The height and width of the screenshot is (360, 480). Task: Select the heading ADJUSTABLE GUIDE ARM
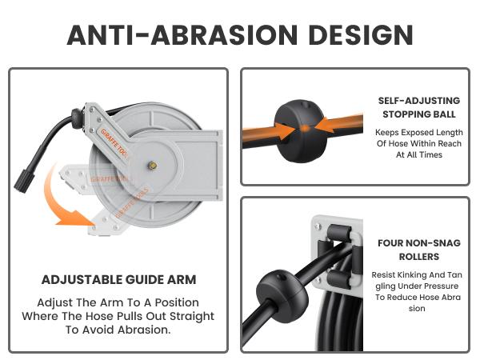(119, 280)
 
